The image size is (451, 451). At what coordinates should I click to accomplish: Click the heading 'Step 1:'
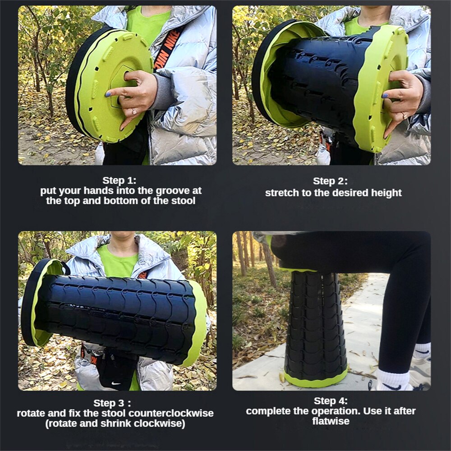120,180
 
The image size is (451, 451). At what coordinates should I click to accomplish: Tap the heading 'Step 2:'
330,181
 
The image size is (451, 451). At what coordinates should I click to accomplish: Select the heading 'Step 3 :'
112,403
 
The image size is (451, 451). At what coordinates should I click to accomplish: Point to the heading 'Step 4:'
331,401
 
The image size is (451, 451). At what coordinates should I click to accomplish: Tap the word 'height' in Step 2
387,193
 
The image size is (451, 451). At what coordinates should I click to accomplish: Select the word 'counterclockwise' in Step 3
171,413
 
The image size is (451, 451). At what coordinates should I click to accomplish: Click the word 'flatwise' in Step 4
331,421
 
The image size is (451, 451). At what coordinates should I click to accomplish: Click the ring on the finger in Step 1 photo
134,111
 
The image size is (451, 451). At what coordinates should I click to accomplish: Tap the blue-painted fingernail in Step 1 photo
108,94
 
